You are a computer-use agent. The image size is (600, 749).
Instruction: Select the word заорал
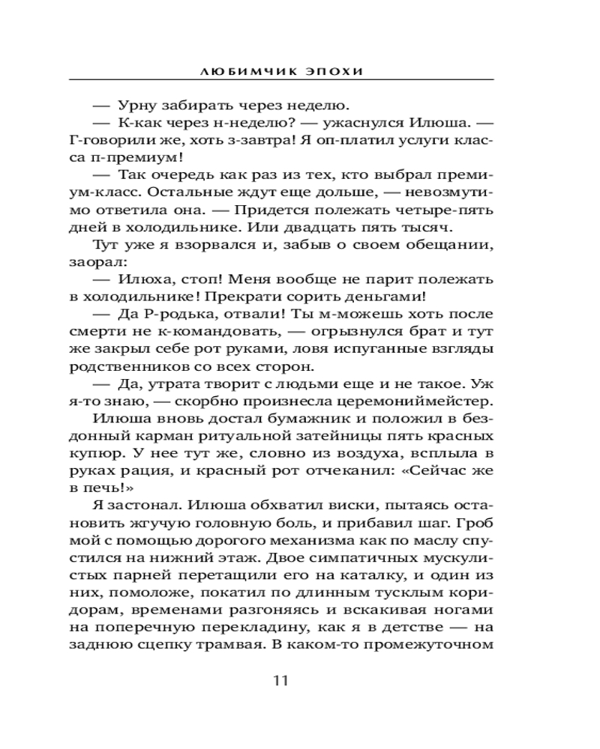98,264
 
